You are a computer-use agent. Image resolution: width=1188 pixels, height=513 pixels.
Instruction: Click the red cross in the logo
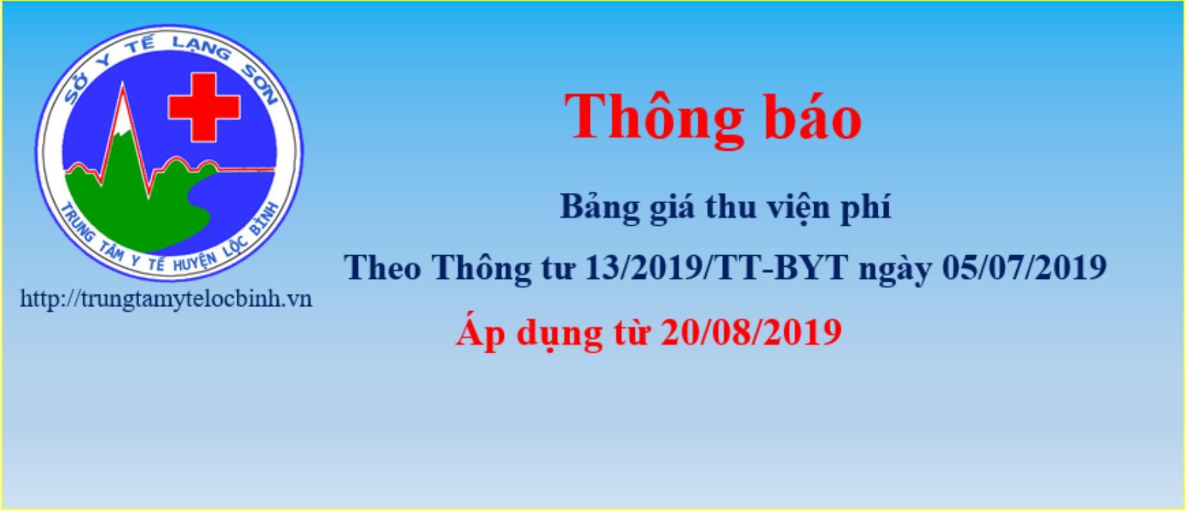click(204, 108)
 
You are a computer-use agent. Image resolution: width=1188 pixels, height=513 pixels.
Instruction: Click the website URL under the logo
click(166, 299)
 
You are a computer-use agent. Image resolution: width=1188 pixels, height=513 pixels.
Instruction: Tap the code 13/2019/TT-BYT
click(717, 268)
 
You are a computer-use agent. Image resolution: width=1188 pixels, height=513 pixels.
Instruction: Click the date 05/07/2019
click(1025, 268)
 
